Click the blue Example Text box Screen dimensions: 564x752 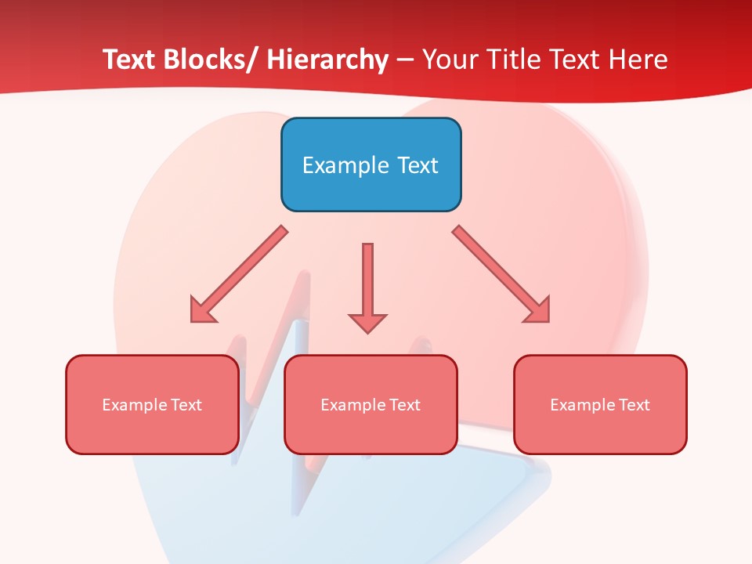click(371, 164)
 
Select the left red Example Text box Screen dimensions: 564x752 click(152, 404)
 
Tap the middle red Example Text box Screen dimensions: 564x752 click(371, 404)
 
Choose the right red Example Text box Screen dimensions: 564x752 click(600, 404)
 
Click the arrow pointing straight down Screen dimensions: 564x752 click(367, 287)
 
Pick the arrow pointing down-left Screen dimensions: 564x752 click(239, 274)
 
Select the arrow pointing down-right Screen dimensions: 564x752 click(501, 274)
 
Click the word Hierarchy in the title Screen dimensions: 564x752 click(327, 60)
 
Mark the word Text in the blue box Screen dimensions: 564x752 click(417, 165)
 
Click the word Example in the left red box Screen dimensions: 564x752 click(130, 405)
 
